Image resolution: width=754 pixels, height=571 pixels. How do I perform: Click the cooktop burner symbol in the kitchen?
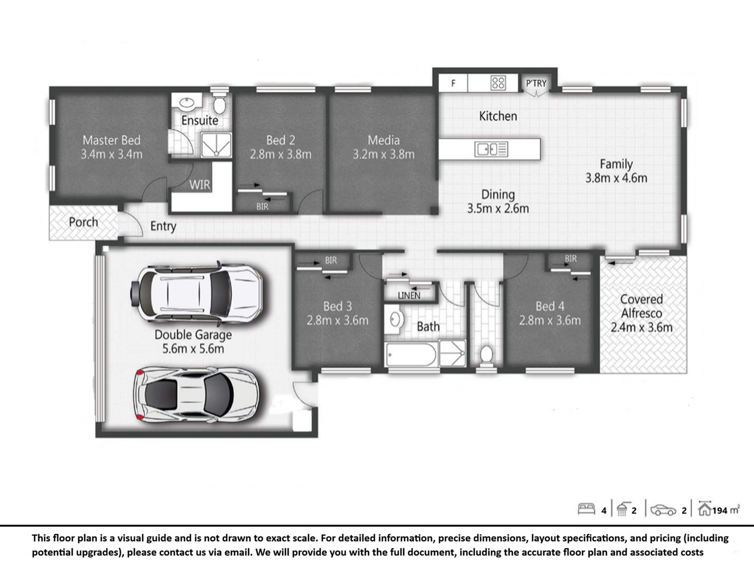click(498, 83)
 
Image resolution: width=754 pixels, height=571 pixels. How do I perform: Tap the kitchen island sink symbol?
click(491, 149)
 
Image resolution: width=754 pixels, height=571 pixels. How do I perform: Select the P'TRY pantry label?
click(536, 83)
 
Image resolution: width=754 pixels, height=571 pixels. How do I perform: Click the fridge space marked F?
click(453, 83)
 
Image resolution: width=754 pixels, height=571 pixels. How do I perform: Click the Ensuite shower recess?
click(216, 145)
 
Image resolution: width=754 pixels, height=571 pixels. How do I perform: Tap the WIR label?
click(200, 185)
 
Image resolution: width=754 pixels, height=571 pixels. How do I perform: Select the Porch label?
click(83, 222)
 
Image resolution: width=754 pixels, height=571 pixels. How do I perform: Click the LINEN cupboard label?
click(409, 296)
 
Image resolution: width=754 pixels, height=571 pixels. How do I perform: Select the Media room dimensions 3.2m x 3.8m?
click(383, 154)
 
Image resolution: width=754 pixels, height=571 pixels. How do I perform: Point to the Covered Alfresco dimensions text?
click(641, 327)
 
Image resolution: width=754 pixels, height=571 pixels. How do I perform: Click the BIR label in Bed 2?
click(262, 207)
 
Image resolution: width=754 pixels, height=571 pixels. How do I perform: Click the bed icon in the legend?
click(586, 509)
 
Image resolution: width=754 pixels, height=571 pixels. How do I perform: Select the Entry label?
click(163, 226)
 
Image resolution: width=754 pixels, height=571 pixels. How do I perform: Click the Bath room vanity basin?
click(394, 320)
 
